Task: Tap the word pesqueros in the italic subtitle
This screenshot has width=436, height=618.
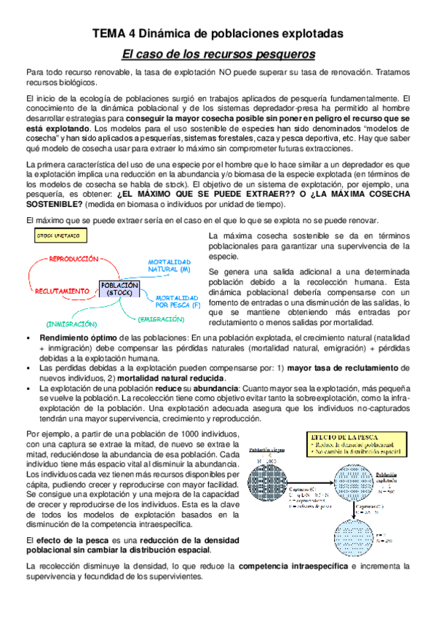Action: [283, 55]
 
